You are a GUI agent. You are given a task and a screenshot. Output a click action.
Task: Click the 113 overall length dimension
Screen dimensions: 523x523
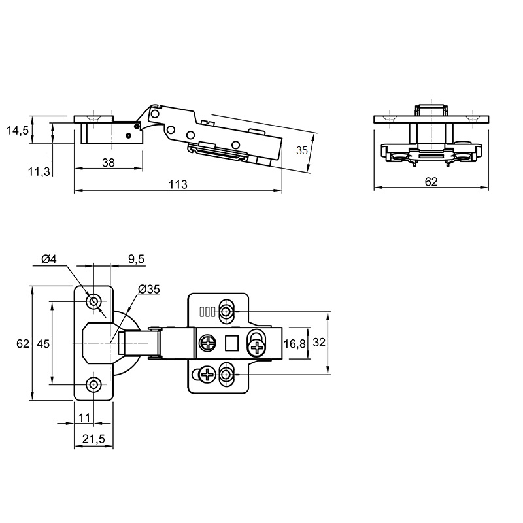[178, 184]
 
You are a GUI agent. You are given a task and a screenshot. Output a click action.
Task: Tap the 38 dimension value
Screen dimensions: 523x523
[108, 163]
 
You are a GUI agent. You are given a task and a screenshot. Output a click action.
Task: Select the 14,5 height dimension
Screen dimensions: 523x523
[18, 131]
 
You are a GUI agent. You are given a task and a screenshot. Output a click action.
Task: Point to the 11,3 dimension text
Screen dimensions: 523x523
[39, 172]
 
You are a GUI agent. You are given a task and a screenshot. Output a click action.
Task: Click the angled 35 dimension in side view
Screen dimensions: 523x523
[302, 150]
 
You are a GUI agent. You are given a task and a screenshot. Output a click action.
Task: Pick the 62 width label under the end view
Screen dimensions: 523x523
[431, 182]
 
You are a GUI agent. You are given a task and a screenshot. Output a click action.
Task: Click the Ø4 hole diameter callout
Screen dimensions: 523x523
[50, 259]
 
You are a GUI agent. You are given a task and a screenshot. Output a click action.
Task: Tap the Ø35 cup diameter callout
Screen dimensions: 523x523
[149, 289]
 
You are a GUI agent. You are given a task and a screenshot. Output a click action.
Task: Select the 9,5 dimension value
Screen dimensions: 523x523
[136, 259]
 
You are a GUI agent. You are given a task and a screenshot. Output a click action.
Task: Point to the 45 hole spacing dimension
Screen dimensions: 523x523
[42, 343]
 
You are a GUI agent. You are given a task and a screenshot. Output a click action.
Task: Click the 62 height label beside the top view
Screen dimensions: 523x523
[23, 343]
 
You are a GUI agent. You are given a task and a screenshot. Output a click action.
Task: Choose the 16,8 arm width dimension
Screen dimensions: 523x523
[294, 343]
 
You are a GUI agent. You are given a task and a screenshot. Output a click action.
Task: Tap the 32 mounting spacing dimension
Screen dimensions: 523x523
[319, 342]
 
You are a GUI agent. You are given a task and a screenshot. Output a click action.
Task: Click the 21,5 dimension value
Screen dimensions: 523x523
[93, 439]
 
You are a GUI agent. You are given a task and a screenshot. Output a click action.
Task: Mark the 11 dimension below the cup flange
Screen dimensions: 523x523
[84, 417]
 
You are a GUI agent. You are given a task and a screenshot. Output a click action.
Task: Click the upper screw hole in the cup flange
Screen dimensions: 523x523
[93, 302]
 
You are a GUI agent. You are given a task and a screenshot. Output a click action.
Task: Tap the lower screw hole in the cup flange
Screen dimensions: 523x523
[93, 384]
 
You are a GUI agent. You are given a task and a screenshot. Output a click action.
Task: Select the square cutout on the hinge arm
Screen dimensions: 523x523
[231, 343]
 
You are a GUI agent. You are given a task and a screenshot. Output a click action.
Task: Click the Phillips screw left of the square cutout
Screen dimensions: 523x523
[208, 343]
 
